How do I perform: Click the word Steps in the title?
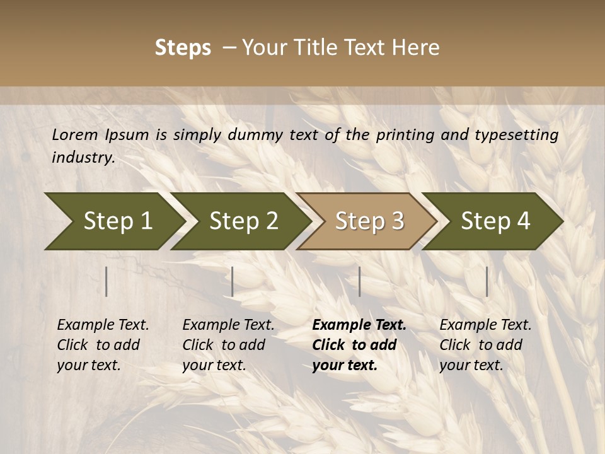click(183, 48)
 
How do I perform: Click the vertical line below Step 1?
click(107, 281)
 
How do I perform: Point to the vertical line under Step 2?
click(233, 281)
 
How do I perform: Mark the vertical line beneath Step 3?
click(359, 281)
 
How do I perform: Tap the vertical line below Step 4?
click(487, 281)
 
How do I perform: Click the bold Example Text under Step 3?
click(359, 325)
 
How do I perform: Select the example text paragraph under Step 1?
click(103, 345)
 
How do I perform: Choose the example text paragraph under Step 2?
click(228, 345)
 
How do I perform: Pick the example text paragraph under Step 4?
click(485, 345)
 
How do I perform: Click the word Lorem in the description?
click(75, 135)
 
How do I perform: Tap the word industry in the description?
click(83, 158)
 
